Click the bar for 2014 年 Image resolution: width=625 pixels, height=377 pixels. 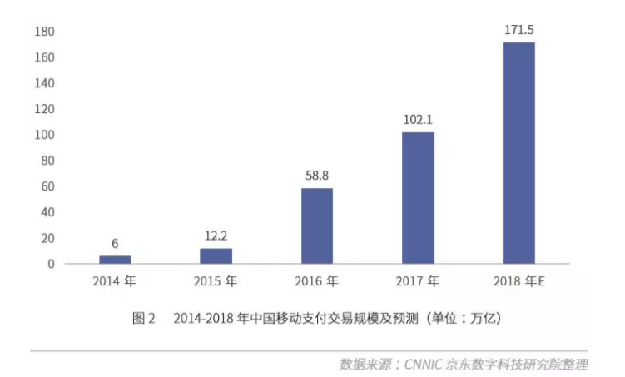115,260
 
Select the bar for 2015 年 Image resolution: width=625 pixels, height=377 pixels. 216,255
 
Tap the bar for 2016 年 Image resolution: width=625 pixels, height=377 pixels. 316,226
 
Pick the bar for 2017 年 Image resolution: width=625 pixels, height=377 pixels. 418,198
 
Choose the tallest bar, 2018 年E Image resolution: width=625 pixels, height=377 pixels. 518,153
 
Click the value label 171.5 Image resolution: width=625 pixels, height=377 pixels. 518,30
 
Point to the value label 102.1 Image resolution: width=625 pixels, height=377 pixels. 418,120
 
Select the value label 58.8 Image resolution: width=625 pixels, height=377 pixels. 316,176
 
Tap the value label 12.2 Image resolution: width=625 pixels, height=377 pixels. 216,236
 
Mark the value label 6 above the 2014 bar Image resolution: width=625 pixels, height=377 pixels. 115,244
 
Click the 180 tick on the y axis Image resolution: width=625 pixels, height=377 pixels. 45,32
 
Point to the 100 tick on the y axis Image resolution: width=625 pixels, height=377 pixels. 45,135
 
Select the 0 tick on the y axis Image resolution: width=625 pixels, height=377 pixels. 51,264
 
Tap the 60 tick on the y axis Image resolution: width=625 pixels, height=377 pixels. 47,186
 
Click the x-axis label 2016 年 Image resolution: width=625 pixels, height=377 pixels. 316,282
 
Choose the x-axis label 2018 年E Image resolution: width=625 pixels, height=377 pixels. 520,282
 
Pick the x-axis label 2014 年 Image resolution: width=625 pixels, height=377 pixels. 115,282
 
